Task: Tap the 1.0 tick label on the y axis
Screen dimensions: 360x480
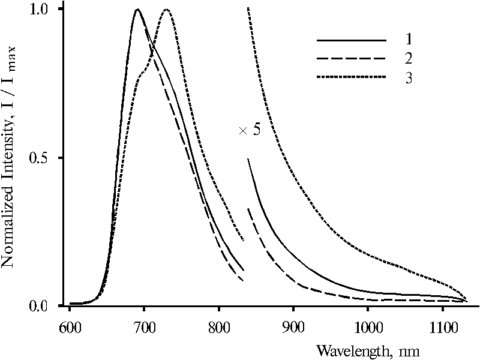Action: (40, 10)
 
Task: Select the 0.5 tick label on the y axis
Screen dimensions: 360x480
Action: (40, 158)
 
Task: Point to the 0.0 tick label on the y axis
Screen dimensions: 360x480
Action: (40, 307)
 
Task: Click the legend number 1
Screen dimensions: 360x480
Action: (408, 40)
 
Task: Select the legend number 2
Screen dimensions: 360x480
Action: (408, 59)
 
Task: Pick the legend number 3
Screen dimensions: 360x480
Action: (408, 79)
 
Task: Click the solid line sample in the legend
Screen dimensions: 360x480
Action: (352, 40)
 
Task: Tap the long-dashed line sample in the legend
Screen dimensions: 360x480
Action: (352, 59)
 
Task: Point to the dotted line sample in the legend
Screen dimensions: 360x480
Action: (352, 78)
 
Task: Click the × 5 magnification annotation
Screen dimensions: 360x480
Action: (250, 130)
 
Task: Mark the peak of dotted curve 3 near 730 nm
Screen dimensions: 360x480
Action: (166, 10)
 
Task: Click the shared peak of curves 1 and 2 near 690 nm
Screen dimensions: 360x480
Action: (137, 10)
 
